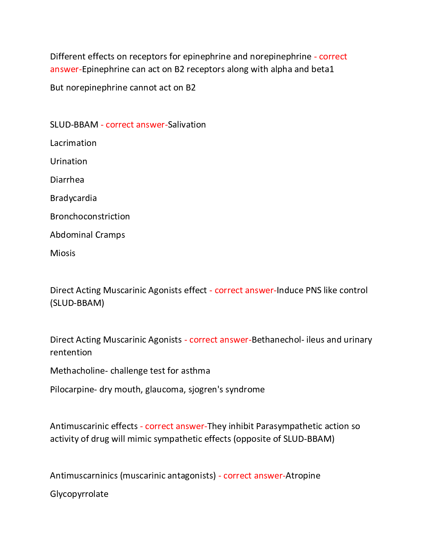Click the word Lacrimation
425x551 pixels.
click(73, 143)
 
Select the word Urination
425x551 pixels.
click(69, 161)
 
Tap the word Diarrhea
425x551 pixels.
click(67, 180)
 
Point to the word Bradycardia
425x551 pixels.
click(73, 198)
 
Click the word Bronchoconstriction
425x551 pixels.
click(90, 216)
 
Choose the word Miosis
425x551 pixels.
click(63, 253)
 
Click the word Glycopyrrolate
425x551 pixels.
click(79, 494)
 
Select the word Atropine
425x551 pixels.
click(303, 476)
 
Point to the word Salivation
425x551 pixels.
click(187, 125)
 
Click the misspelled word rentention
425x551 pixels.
click(71, 352)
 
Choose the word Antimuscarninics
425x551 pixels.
click(84, 476)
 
